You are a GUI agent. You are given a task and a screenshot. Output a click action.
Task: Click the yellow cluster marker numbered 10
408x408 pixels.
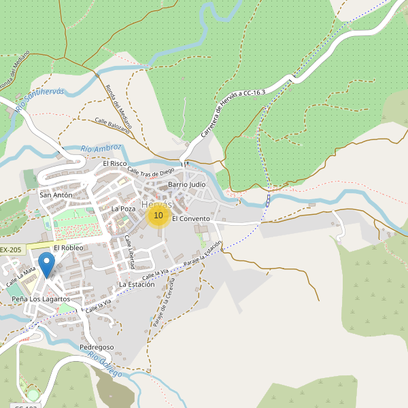(x=158, y=216)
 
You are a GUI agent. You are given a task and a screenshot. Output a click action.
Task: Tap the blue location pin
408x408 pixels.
(x=46, y=264)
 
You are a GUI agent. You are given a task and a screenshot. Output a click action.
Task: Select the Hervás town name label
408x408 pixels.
(x=158, y=203)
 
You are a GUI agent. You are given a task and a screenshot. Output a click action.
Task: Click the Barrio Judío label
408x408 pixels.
(x=186, y=184)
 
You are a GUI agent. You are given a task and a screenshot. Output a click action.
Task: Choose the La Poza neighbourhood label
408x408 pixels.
(x=124, y=209)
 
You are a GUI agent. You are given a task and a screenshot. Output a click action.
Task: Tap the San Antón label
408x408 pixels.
(x=56, y=195)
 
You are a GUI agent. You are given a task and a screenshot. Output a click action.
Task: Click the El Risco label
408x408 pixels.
(x=115, y=164)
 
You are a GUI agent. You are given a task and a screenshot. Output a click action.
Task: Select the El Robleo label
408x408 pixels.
(x=68, y=248)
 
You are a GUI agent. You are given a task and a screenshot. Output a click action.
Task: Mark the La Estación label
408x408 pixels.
(x=137, y=284)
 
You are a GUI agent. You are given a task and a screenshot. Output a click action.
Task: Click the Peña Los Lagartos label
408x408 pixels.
(x=41, y=299)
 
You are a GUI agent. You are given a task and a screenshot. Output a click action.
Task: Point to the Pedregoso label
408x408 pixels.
(x=97, y=347)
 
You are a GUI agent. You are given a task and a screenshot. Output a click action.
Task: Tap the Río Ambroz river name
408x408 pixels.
(x=101, y=148)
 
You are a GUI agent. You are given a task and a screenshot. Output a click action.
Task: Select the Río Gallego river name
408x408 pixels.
(x=105, y=364)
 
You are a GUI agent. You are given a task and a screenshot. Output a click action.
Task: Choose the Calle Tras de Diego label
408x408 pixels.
(x=151, y=170)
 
